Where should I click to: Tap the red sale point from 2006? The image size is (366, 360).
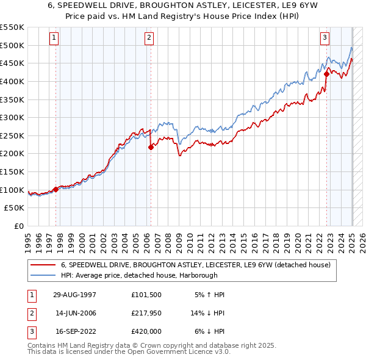(x=151, y=146)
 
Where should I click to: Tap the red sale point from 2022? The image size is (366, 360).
(x=326, y=74)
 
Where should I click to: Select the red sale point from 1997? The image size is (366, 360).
(x=56, y=189)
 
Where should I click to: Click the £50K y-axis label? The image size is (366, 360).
(x=15, y=207)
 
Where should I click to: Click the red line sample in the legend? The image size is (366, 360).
(x=42, y=265)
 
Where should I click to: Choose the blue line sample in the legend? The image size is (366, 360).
(x=42, y=275)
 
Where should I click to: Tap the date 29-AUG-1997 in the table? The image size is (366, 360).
(x=74, y=295)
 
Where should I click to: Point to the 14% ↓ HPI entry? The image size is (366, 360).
(x=207, y=313)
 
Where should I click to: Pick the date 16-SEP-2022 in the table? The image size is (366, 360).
(x=74, y=331)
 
